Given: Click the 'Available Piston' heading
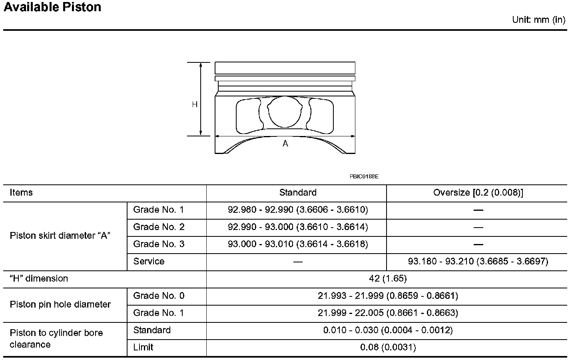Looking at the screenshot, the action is point(52,7).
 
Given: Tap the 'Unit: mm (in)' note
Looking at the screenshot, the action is point(538,20).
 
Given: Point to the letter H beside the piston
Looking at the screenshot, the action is point(195,104).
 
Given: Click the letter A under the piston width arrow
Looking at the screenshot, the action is point(285,144).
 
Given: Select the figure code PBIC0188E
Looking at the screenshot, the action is point(364,176).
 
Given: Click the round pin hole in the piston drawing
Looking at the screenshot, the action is point(285,112).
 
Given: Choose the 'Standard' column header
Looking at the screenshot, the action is point(298,193).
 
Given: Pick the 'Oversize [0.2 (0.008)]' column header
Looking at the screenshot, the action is point(478,193).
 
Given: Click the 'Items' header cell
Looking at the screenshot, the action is point(21,193).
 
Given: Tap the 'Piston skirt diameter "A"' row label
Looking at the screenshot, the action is point(60,236).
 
